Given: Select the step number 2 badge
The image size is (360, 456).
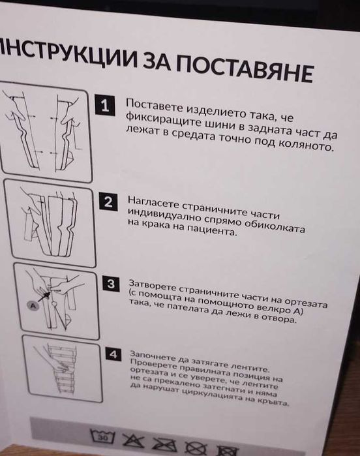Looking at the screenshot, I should click(109, 202).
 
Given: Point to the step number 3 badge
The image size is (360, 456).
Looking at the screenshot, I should click(112, 284).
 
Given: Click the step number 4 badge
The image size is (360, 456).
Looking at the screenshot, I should click(114, 354).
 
